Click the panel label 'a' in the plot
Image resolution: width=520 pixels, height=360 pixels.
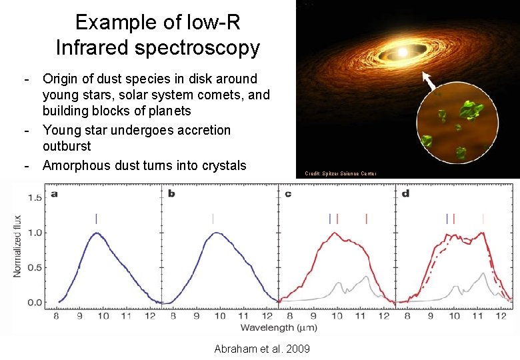(x=53, y=194)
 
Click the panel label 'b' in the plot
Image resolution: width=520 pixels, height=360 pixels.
(x=172, y=194)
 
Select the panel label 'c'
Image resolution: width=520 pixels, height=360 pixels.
(x=288, y=194)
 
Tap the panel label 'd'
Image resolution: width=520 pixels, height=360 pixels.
(x=406, y=194)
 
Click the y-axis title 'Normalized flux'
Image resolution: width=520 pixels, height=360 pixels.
(x=17, y=246)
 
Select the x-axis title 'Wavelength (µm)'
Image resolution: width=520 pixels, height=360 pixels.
(x=278, y=327)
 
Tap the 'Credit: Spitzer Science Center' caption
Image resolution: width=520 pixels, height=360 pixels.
(x=341, y=173)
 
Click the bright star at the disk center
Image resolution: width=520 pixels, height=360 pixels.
(x=402, y=51)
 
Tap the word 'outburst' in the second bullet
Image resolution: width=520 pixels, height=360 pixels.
(x=67, y=145)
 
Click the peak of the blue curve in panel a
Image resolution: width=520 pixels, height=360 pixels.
(x=97, y=233)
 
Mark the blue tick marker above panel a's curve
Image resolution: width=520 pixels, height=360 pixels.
(x=97, y=218)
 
